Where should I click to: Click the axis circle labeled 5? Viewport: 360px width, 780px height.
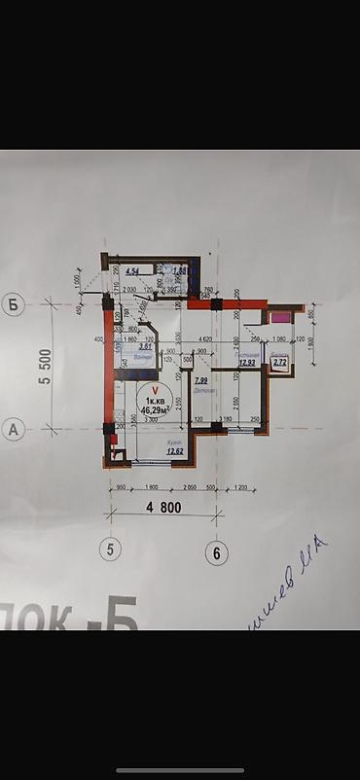(x=111, y=550)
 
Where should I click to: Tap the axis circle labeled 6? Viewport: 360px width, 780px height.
(x=217, y=552)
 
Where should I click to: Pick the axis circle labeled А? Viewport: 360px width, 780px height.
(x=14, y=430)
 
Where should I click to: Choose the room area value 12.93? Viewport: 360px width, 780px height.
(x=246, y=363)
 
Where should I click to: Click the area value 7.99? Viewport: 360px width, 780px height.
(x=201, y=380)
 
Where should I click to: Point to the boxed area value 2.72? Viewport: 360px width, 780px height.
(x=280, y=363)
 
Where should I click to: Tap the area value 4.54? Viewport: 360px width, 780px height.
(x=132, y=270)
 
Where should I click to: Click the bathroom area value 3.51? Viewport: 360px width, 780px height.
(x=144, y=346)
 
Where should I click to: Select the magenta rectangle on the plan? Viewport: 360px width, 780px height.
(x=280, y=317)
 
